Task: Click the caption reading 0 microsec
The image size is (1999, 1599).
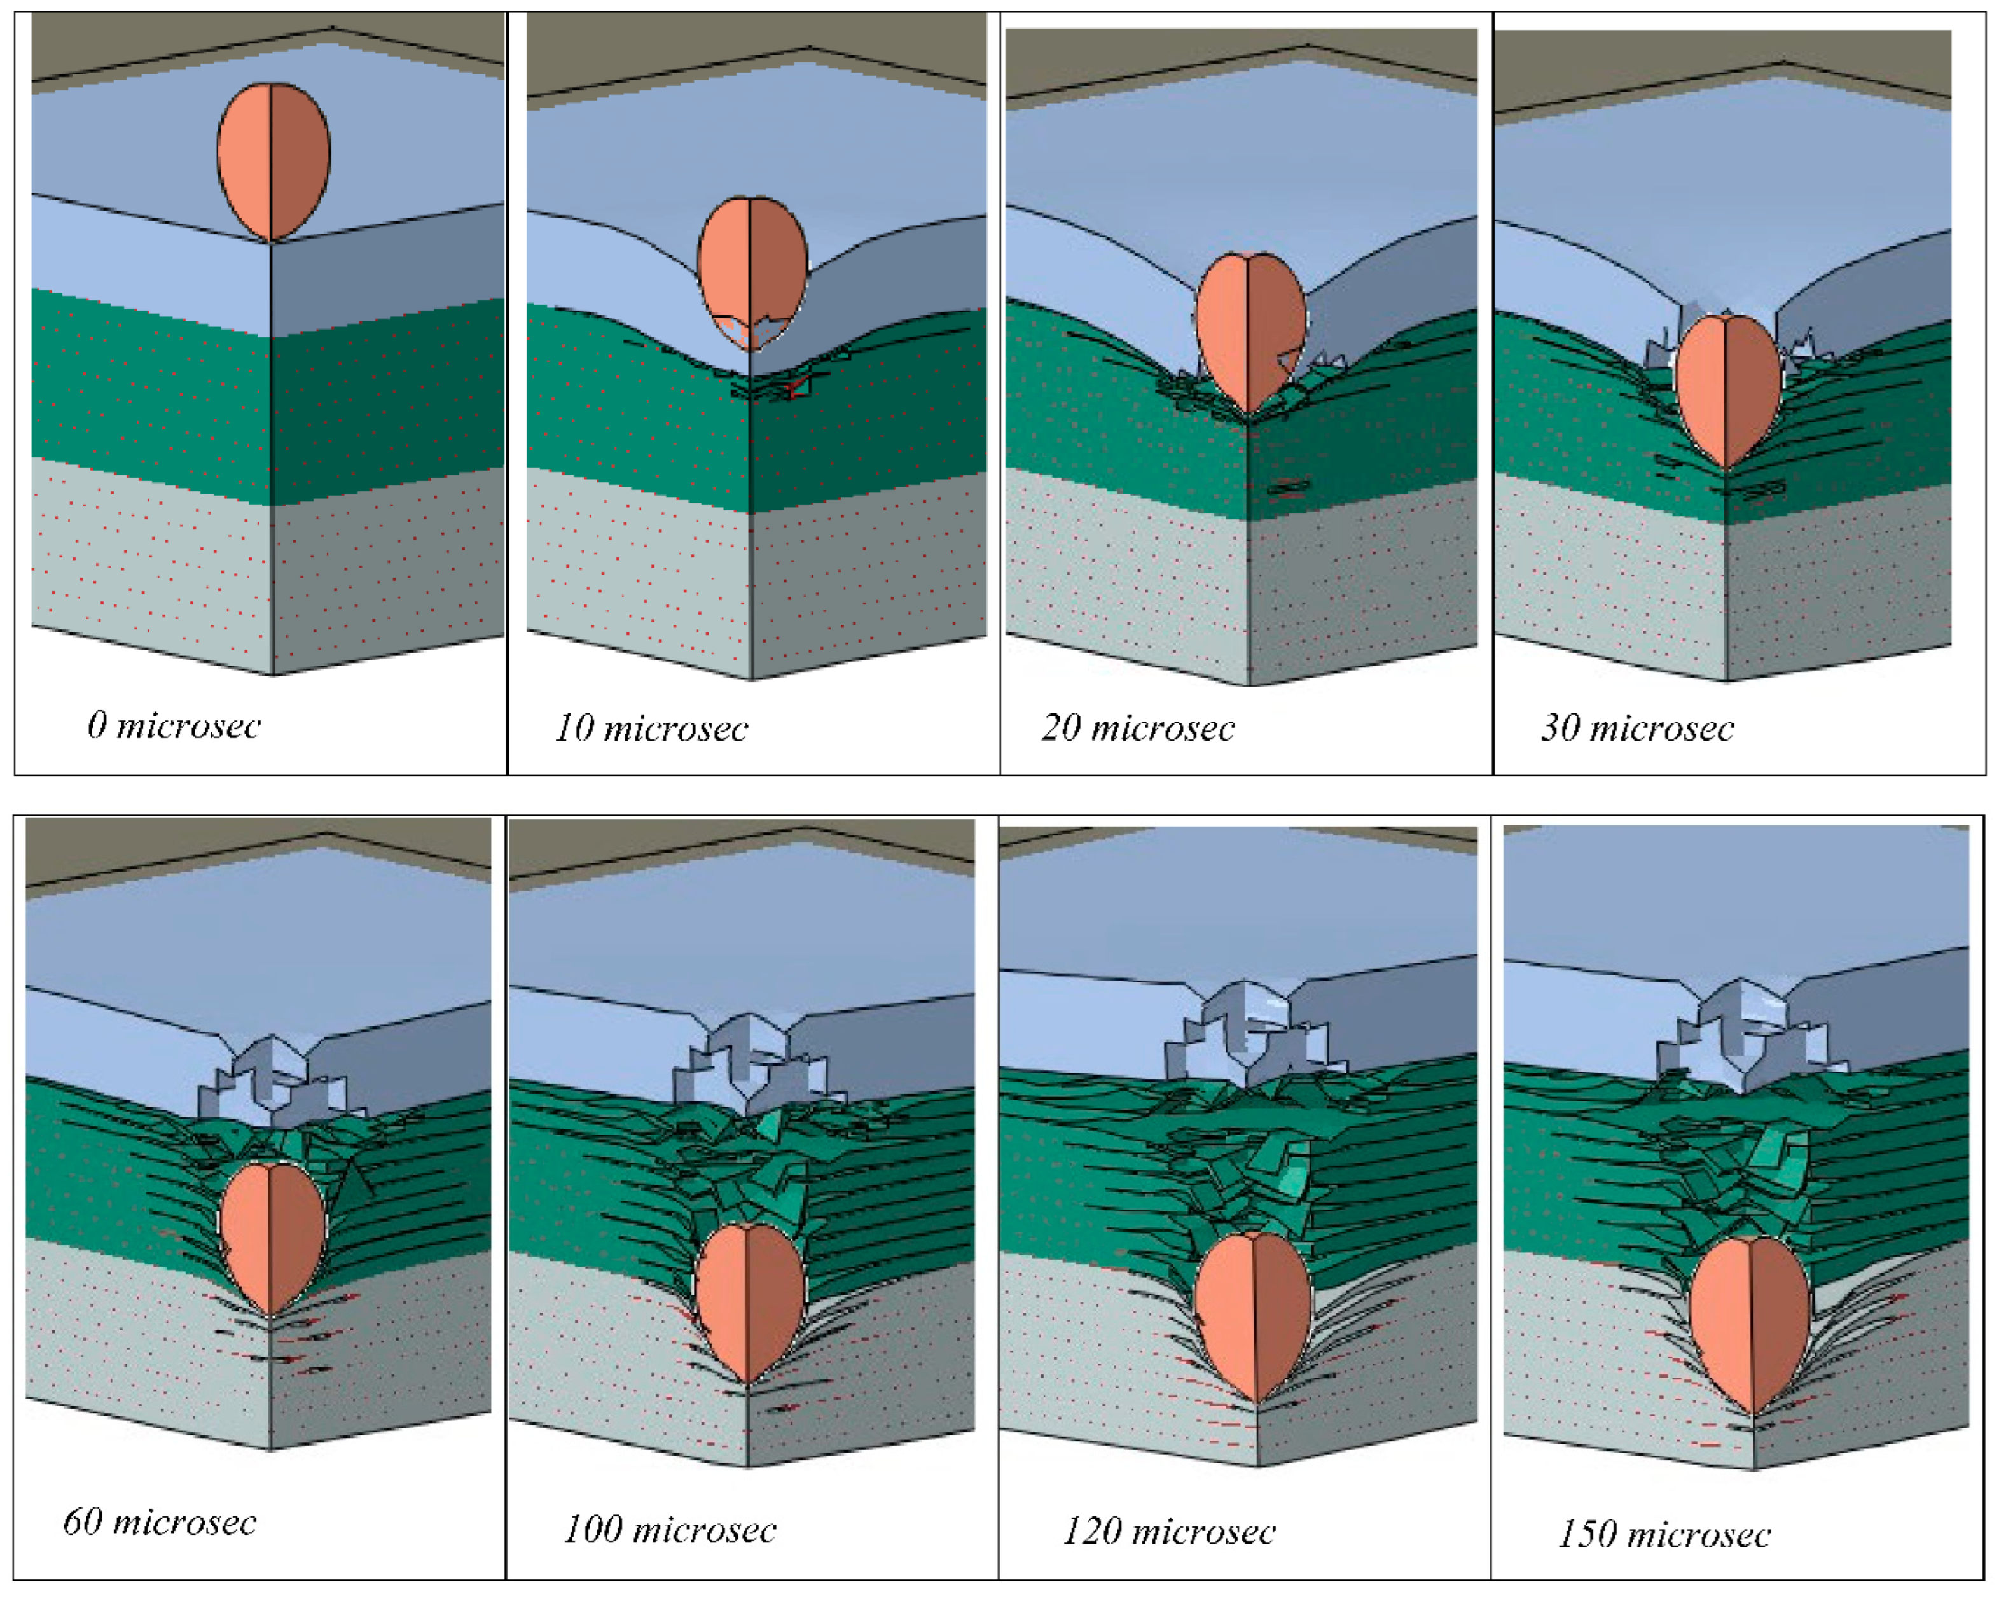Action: coord(174,725)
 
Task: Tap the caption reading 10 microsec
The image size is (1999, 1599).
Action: coord(652,729)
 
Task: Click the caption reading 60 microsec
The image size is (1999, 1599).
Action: coord(160,1522)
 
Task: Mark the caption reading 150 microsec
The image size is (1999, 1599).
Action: coord(1664,1534)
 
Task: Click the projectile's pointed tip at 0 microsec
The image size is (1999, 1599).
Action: coord(271,241)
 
